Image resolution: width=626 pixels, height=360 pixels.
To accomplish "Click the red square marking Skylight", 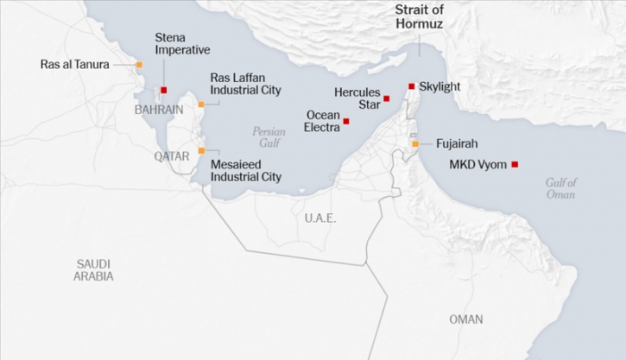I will click(x=412, y=86).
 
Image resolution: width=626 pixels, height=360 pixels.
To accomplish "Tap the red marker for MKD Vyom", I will click(x=515, y=164).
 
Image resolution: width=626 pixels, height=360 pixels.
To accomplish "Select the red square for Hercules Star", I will click(x=387, y=99).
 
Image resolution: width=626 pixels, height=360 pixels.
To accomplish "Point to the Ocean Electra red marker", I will click(x=346, y=122).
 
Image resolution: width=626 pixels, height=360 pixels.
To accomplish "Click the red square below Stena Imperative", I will click(x=163, y=90).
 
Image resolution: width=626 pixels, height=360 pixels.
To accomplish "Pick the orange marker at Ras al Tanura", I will click(x=138, y=65).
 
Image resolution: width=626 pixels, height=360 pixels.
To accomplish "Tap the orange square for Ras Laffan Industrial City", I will click(x=201, y=104).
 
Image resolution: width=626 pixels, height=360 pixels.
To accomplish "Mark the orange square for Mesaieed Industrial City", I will click(x=201, y=150).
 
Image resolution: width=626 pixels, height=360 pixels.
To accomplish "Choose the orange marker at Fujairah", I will click(x=415, y=143).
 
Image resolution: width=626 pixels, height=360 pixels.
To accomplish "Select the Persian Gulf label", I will click(x=269, y=137).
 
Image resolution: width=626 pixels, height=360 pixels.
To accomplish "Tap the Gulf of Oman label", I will click(x=560, y=188).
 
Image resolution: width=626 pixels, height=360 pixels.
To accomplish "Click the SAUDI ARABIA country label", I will click(x=93, y=270).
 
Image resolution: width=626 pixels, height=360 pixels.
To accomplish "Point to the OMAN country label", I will click(x=466, y=319).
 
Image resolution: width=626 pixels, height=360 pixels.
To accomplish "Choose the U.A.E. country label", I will click(x=319, y=218).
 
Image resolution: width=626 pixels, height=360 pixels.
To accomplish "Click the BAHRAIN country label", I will click(x=159, y=110).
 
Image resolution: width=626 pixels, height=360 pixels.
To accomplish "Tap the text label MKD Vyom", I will click(x=477, y=165).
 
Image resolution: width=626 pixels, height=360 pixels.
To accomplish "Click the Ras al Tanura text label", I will click(x=75, y=65).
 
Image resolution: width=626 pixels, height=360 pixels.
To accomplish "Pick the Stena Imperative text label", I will click(x=182, y=43).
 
